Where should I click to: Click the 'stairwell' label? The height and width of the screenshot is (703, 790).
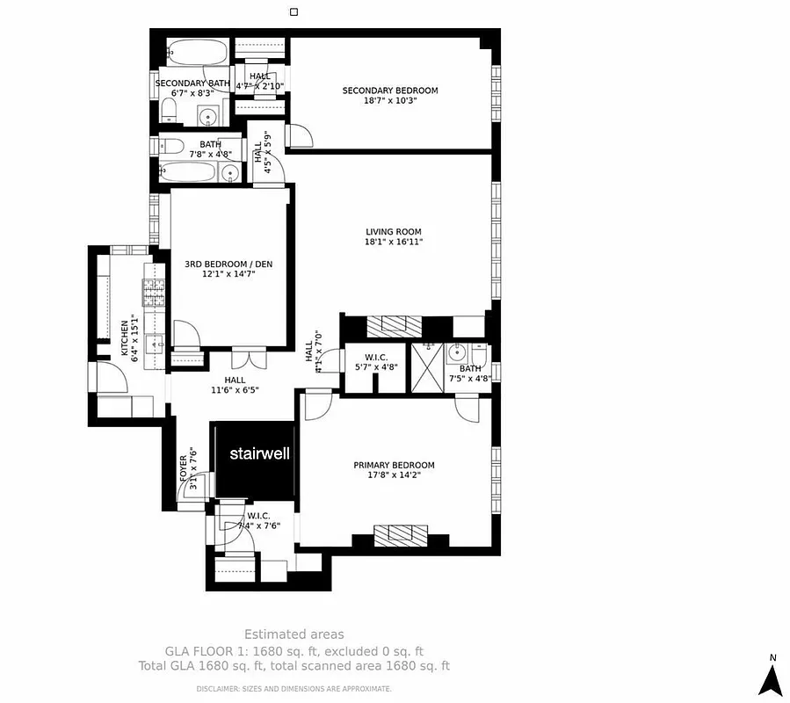(259, 454)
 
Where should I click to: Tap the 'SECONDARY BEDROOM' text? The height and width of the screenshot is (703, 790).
(389, 91)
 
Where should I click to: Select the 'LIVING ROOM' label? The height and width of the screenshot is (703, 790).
(394, 232)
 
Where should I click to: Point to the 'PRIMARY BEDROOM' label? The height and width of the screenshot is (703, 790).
(394, 465)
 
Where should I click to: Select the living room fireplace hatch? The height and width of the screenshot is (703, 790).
(388, 326)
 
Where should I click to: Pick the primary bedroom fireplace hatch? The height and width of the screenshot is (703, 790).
(401, 535)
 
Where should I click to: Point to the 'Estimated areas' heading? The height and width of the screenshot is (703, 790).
(294, 634)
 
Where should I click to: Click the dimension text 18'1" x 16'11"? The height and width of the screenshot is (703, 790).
(394, 242)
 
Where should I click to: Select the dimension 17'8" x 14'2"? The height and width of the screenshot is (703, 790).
(394, 475)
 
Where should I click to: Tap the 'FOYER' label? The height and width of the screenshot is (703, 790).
(184, 466)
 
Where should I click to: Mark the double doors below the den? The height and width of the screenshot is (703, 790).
(246, 359)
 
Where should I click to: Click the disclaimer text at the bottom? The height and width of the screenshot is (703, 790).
(294, 688)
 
